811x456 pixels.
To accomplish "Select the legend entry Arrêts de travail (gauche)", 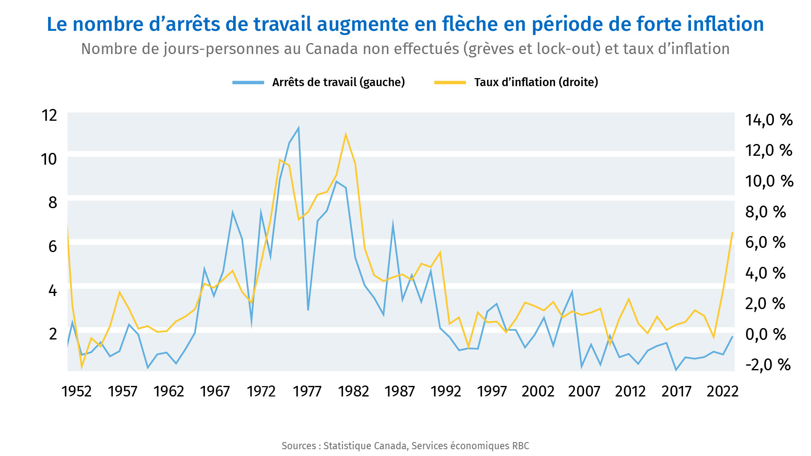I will click(x=338, y=82).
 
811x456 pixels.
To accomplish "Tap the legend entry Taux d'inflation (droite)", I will click(x=536, y=82).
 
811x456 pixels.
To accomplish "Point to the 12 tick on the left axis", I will click(x=49, y=115).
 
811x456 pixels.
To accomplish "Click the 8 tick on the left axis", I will click(x=53, y=203).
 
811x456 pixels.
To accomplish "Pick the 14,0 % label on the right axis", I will click(x=769, y=120).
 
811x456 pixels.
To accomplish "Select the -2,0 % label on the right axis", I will click(x=768, y=365).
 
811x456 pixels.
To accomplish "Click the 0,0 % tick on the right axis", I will click(x=765, y=334).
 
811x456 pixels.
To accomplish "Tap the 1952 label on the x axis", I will click(x=76, y=392).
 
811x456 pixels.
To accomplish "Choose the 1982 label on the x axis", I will click(x=354, y=392).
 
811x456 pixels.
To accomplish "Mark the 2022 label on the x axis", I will click(x=722, y=392).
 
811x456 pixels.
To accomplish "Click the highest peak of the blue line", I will click(x=299, y=128).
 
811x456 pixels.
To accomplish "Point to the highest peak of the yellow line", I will click(x=346, y=134).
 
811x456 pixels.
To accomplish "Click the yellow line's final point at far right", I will click(x=732, y=233).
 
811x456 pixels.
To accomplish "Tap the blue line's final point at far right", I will click(x=732, y=337).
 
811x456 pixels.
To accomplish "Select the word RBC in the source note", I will click(x=520, y=446).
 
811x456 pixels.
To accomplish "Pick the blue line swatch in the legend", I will click(x=248, y=82).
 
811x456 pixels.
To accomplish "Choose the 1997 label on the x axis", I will click(x=492, y=392).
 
